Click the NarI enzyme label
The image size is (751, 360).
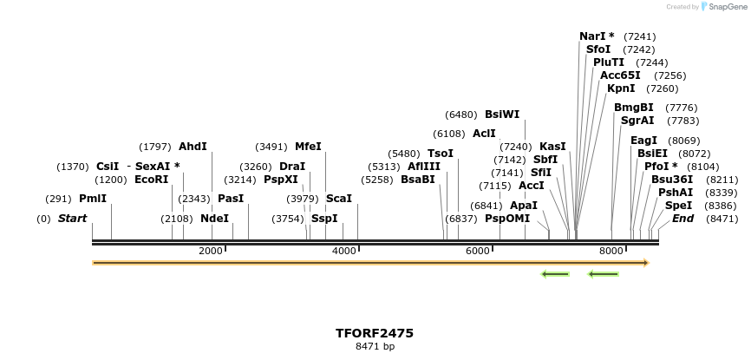coord(597,36)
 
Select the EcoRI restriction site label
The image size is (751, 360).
coord(152,180)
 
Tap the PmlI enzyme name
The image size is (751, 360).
coord(93,199)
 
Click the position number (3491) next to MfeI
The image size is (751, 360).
coord(271,147)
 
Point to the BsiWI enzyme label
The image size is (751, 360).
coord(502,115)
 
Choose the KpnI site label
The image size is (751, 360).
coord(621,88)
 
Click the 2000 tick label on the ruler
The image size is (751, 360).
coord(211,251)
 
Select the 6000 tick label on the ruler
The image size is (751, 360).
coord(478,251)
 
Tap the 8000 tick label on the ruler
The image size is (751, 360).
coord(611,251)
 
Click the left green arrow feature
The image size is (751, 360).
coord(555,274)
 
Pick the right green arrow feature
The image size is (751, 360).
coord(603,274)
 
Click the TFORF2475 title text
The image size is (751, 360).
coord(375,333)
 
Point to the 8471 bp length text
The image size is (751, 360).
coord(375,346)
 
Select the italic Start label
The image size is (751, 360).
coord(73,219)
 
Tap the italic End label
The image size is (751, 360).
coord(683,219)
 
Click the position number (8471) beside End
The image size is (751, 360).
coord(722,219)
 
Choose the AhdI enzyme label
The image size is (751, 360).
coord(193,147)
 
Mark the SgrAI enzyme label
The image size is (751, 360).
coord(637,121)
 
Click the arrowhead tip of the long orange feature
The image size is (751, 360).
coord(646,263)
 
